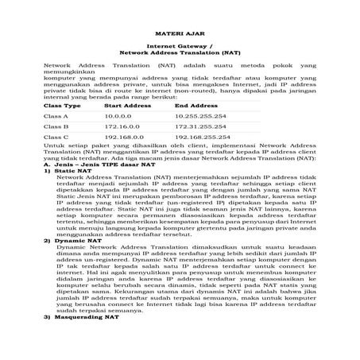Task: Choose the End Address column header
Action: pyautogui.click(x=196, y=105)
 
